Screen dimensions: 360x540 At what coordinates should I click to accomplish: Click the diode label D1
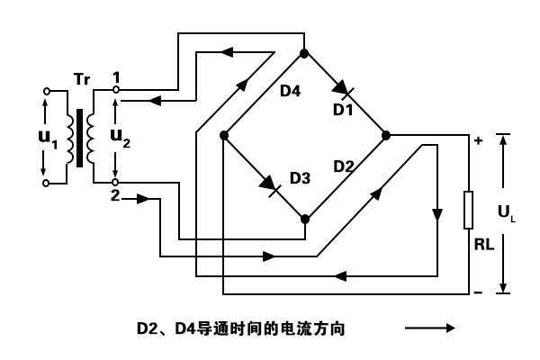(x=342, y=110)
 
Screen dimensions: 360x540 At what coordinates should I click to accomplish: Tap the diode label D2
(x=343, y=166)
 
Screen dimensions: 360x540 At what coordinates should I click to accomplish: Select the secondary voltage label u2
(x=119, y=136)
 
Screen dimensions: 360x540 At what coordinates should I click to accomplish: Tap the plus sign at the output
(x=478, y=140)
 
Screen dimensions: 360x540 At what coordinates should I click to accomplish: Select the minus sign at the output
(x=478, y=292)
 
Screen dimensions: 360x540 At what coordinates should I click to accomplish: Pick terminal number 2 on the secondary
(x=114, y=193)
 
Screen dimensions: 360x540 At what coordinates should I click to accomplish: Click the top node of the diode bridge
(x=304, y=54)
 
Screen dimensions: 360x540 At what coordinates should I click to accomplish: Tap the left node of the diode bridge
(x=224, y=136)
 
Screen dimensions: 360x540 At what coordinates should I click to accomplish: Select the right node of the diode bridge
(x=386, y=136)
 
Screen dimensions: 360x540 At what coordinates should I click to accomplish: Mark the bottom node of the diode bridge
(x=304, y=218)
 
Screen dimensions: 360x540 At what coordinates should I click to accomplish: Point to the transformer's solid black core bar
(x=82, y=138)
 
